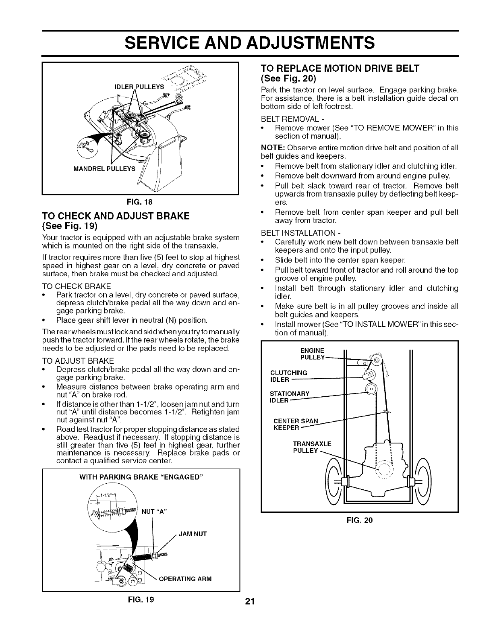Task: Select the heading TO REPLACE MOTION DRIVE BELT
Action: click(341, 68)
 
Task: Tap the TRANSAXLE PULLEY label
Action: click(312, 447)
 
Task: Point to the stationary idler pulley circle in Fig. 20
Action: click(371, 389)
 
